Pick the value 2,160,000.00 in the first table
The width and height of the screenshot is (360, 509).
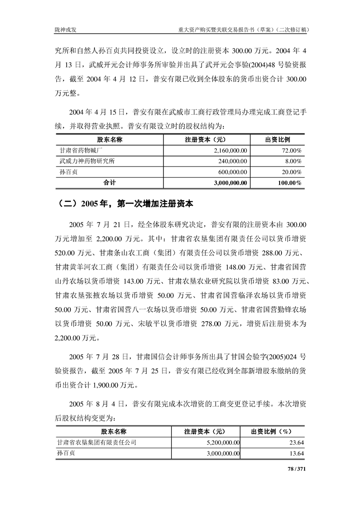pyautogui.click(x=229, y=150)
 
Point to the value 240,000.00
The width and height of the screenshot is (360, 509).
pyautogui.click(x=232, y=161)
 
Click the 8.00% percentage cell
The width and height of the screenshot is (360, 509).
pyautogui.click(x=294, y=161)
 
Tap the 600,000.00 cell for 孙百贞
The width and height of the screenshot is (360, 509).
pyautogui.click(x=232, y=172)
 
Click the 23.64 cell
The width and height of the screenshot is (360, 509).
pyautogui.click(x=297, y=442)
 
